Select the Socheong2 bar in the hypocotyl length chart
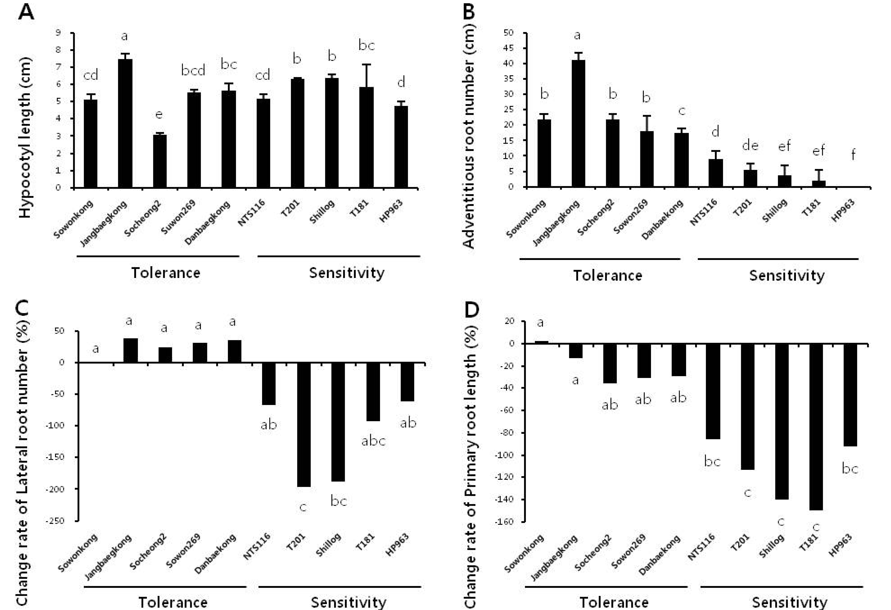(x=160, y=161)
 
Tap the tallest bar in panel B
(x=578, y=123)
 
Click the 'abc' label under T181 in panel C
(x=373, y=441)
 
